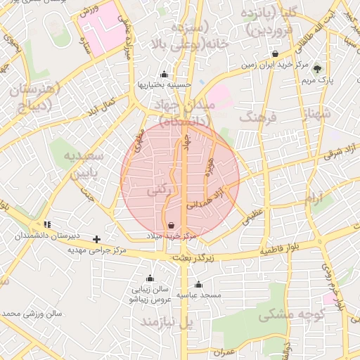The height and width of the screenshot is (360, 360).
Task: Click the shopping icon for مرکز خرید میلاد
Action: (x=172, y=225)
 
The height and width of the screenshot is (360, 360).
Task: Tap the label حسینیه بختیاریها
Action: (x=164, y=86)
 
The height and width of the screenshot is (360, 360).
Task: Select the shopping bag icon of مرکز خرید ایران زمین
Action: (x=274, y=54)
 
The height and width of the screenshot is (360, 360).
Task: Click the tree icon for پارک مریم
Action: (x=317, y=69)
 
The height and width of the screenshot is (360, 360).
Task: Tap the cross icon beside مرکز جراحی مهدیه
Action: (x=97, y=240)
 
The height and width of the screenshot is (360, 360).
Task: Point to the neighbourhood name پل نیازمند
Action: (x=167, y=322)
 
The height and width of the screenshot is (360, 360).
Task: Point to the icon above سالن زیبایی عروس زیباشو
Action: (x=149, y=278)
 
